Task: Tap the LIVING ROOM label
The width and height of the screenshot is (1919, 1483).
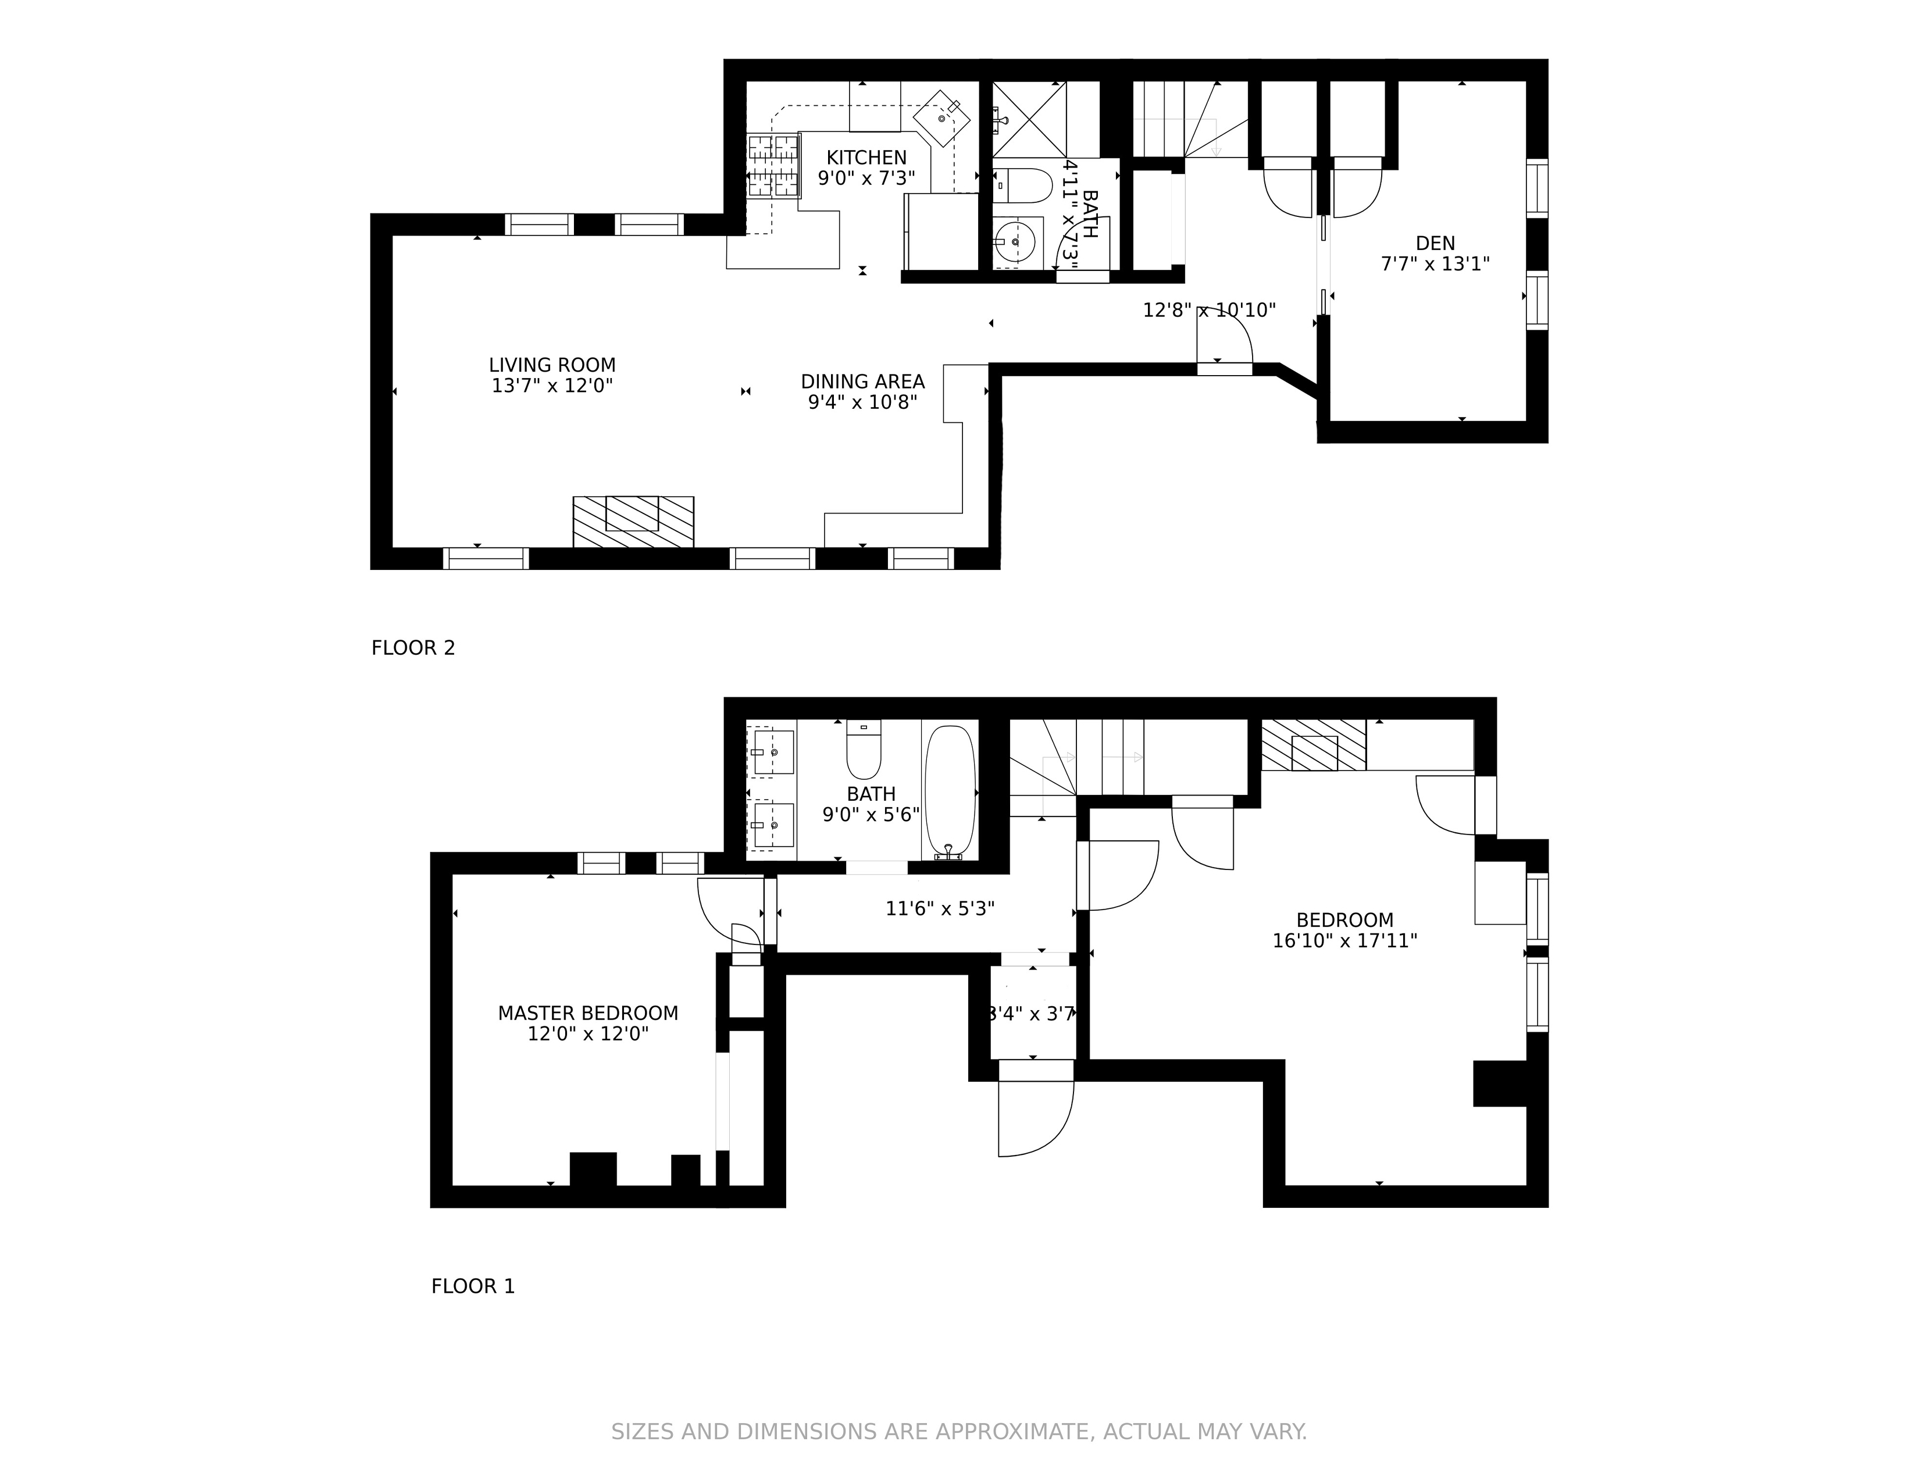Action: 552,365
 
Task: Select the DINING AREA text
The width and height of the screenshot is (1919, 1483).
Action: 862,382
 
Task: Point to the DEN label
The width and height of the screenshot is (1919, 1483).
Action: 1435,243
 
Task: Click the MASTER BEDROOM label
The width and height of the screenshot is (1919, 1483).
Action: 588,1013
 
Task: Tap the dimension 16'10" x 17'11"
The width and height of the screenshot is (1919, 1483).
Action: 1344,941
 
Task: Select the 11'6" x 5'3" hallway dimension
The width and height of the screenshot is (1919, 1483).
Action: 939,908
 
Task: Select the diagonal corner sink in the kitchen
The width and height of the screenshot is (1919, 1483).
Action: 942,117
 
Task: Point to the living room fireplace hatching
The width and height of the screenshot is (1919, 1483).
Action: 633,521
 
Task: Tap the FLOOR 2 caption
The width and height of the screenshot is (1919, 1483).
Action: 413,648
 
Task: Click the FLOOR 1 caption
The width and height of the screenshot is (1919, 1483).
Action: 473,1286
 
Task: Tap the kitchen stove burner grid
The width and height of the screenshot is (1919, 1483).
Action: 773,164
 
